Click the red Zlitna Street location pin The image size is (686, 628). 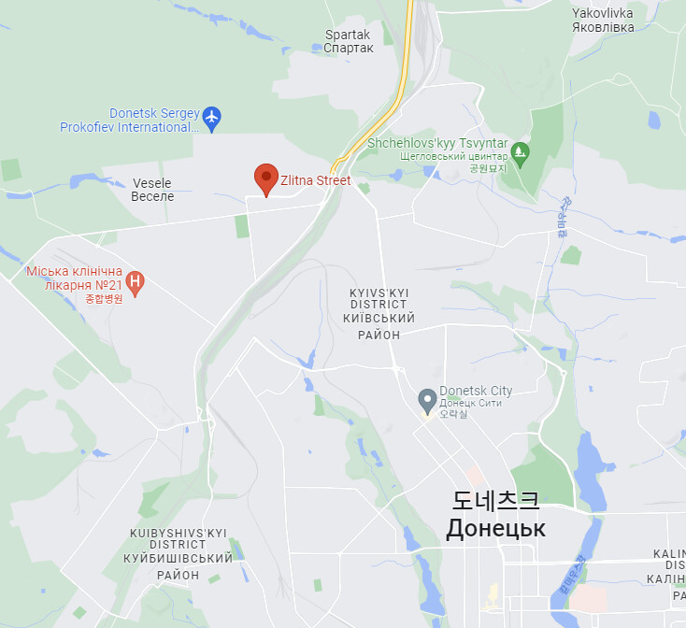coord(266,178)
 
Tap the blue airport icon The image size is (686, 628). coord(212,118)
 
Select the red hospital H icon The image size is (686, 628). coord(136,281)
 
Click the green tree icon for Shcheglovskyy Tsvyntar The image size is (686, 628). coord(521,151)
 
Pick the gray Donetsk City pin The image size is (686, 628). coord(427,400)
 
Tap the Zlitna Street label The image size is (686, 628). coord(316,180)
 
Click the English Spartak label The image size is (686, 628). coord(348,35)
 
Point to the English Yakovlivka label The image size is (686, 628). coord(602,13)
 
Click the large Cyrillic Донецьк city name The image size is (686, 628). coord(495,529)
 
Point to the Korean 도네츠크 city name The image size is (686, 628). coord(495,500)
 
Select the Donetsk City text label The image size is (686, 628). coord(476,391)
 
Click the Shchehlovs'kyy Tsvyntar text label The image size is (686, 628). coord(437,143)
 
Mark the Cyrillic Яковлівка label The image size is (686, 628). coord(602,27)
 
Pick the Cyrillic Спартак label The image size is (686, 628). coord(348,49)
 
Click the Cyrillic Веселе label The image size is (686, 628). coord(152,196)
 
